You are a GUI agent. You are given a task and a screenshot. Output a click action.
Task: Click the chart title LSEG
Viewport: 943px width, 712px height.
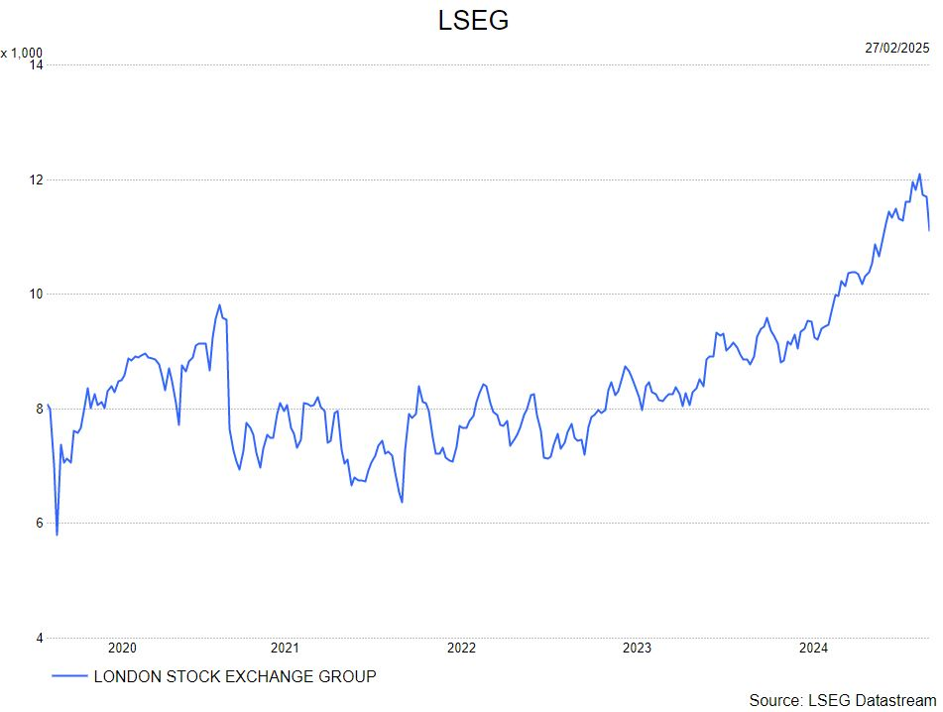tap(473, 21)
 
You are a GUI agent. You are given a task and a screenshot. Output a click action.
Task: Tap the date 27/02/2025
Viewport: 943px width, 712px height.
tap(896, 48)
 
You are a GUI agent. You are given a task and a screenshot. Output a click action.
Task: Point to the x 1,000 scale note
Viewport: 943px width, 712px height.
tap(22, 53)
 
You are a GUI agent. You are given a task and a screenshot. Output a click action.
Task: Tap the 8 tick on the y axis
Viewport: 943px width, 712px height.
tap(39, 409)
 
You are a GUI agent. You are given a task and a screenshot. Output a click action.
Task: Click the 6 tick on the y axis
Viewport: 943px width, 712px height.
tap(39, 524)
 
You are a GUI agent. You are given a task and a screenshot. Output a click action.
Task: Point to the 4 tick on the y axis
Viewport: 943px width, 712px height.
tap(39, 638)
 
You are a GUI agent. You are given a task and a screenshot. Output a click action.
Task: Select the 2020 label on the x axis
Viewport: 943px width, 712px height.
tap(122, 649)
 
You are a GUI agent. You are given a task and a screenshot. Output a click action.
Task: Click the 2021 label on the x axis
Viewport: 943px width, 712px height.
tap(285, 649)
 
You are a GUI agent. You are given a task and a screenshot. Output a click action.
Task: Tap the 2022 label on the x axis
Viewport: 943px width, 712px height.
tap(461, 649)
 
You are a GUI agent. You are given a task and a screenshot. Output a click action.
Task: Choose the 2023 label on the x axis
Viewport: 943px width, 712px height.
tap(637, 649)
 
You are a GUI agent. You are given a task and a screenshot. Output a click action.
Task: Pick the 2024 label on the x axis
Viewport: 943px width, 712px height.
tap(814, 649)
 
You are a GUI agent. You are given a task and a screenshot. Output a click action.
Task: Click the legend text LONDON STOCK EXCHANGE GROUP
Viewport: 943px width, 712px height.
tap(234, 677)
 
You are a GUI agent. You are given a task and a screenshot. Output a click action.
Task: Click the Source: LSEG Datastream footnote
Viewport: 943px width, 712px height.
tap(842, 700)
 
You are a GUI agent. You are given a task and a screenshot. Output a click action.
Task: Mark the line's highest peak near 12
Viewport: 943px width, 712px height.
tap(919, 175)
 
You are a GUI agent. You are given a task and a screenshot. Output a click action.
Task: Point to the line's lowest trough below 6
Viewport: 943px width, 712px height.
tap(57, 535)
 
